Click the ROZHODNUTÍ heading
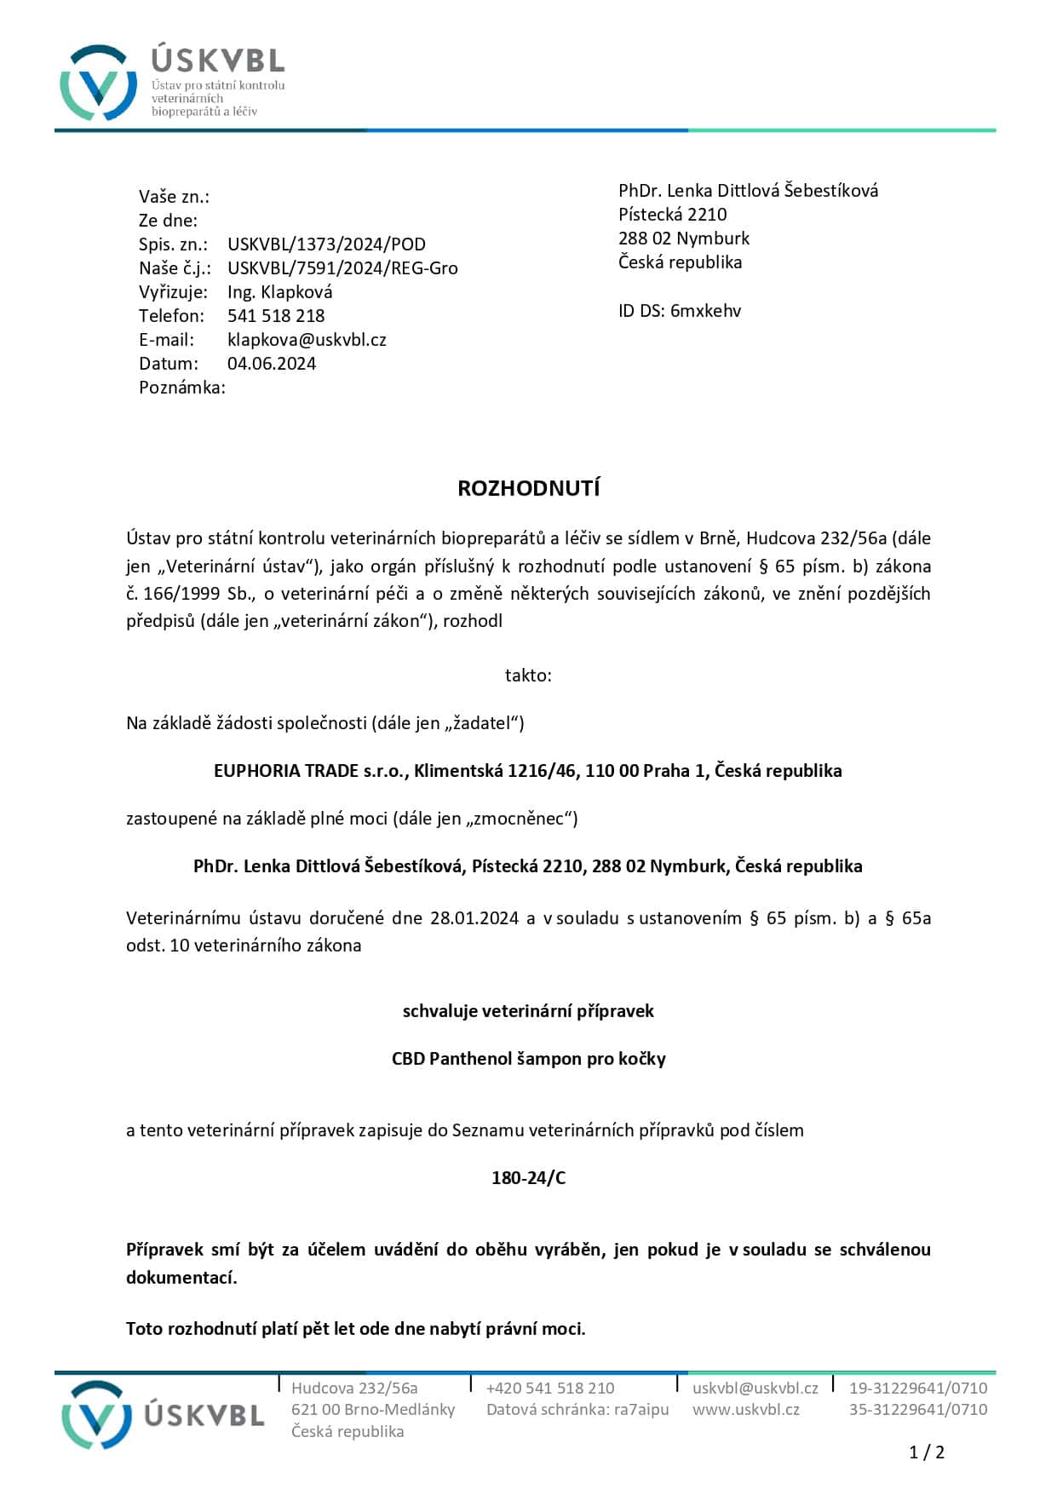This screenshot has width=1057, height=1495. click(528, 488)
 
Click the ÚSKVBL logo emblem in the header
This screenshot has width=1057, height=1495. click(98, 83)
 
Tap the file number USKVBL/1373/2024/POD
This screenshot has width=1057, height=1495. click(326, 244)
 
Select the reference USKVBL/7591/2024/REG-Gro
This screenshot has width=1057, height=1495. click(342, 268)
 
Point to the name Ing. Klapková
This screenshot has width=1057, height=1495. click(279, 292)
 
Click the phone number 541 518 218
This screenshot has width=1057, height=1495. click(276, 316)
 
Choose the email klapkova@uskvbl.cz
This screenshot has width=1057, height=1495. click(307, 340)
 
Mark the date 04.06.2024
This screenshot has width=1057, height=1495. click(272, 364)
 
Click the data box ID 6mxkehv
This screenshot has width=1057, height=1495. click(705, 311)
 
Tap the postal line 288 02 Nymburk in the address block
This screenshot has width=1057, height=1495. click(684, 239)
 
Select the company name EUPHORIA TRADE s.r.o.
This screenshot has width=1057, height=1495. click(311, 771)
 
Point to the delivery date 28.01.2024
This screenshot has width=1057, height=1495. click(474, 918)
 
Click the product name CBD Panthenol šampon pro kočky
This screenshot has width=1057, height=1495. click(528, 1059)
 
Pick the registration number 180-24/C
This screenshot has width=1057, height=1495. click(528, 1178)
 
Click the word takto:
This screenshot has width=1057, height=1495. click(528, 676)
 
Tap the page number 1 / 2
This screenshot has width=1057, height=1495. click(927, 1452)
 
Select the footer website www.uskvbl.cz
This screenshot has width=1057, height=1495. click(745, 1409)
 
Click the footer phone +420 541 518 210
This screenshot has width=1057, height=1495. click(549, 1388)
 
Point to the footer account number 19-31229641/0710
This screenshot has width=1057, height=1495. click(917, 1388)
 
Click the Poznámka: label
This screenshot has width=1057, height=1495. click(182, 388)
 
